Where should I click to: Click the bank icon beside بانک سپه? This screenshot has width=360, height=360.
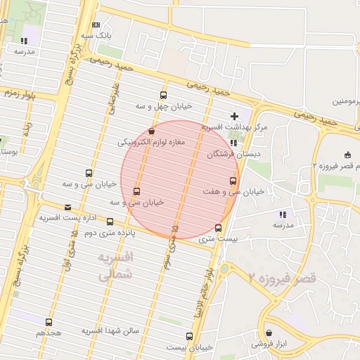tap(96, 25)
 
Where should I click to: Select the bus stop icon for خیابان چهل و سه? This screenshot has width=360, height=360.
tap(164, 96)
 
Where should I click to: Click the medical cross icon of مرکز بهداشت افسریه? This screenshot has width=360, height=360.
tap(235, 115)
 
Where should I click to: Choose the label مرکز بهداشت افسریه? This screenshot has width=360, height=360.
tap(235, 127)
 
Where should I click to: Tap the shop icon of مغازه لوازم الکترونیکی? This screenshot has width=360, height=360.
tap(152, 131)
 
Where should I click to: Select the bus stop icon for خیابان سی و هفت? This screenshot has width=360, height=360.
tap(233, 181)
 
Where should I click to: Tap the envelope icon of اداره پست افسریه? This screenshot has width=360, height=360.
tap(68, 207)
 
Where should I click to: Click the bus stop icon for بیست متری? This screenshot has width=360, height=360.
tap(218, 228)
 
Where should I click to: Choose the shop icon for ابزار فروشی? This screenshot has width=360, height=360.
tap(269, 333)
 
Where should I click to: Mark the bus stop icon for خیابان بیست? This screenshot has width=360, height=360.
tap(189, 336)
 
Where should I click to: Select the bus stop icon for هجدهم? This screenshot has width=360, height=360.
tap(49, 321)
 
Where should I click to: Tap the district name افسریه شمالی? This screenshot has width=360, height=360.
tap(113, 266)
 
